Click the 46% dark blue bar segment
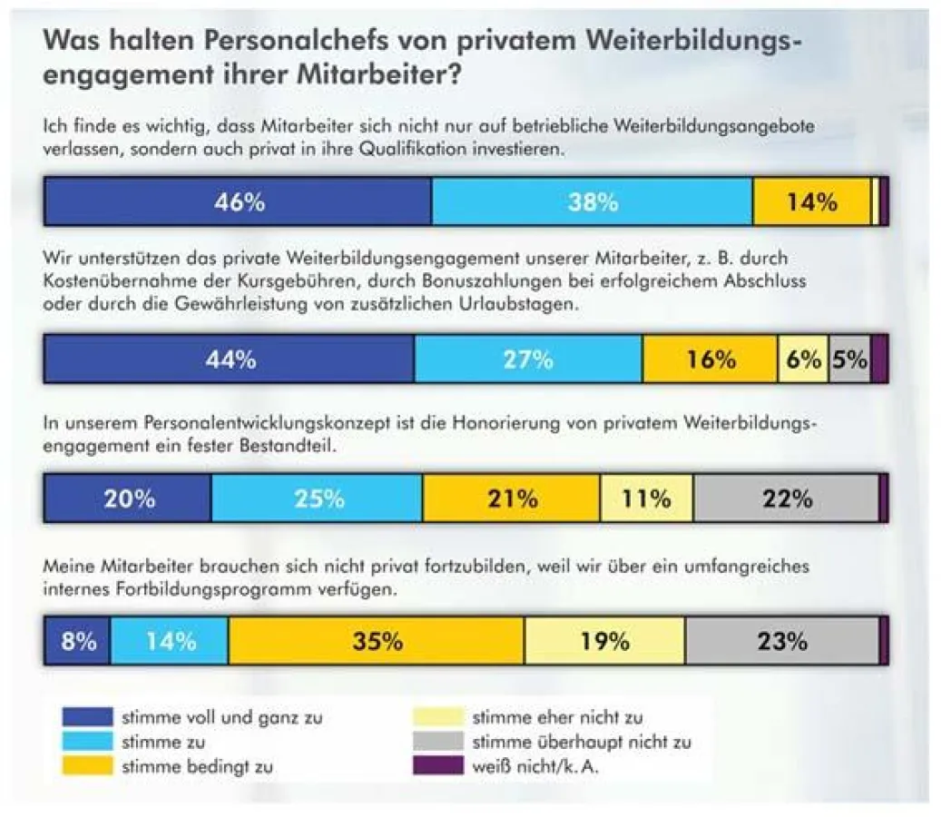pyautogui.click(x=238, y=202)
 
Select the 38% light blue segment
pyautogui.click(x=592, y=202)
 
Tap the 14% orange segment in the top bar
pyautogui.click(x=810, y=202)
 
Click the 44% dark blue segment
pyautogui.click(x=230, y=359)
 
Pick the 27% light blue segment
pyautogui.click(x=528, y=359)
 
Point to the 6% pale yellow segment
pyautogui.click(x=803, y=359)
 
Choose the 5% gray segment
pyautogui.click(x=849, y=359)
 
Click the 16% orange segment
pyautogui.click(x=710, y=359)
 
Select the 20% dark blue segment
pyautogui.click(x=128, y=498)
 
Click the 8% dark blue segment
pyautogui.click(x=78, y=642)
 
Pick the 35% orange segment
pyautogui.click(x=376, y=642)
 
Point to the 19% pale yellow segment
pyautogui.click(x=604, y=642)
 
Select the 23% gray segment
pyautogui.click(x=781, y=642)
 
